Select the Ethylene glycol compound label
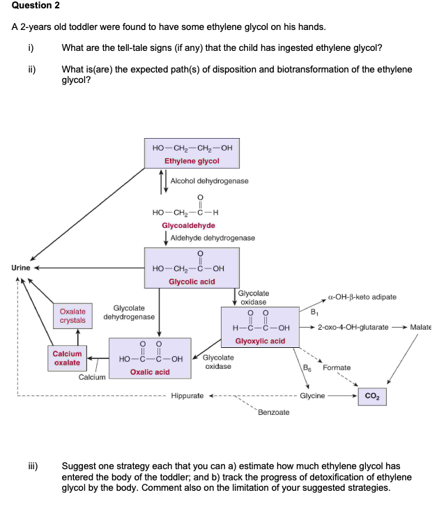[x=192, y=161]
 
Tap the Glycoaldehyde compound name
[x=188, y=225]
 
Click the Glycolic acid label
[x=192, y=282]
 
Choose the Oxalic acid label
[x=150, y=372]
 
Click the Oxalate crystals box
[x=72, y=316]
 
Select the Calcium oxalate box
[x=67, y=358]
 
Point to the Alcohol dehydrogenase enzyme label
[x=209, y=181]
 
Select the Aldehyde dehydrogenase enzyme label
[x=213, y=238]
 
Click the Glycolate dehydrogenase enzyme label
[x=129, y=312]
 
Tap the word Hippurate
[x=187, y=396]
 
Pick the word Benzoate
[x=274, y=413]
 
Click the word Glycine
[x=312, y=396]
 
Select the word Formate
[x=337, y=367]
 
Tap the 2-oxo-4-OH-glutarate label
[x=353, y=327]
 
